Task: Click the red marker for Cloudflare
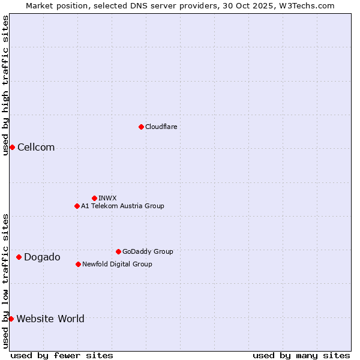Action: tap(141, 127)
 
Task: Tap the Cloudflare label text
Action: tap(161, 127)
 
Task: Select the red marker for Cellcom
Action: tap(12, 148)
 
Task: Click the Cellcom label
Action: tap(36, 148)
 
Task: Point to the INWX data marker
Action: tap(94, 198)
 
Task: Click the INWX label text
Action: tap(107, 198)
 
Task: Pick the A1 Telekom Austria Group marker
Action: tap(77, 206)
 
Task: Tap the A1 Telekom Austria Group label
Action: tap(122, 206)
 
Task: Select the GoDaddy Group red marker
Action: tap(118, 251)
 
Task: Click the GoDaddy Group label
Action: tap(148, 251)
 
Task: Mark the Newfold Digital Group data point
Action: tap(78, 264)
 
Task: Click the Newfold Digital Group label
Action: tap(117, 264)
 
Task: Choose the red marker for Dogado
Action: tap(19, 257)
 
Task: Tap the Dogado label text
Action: tap(42, 257)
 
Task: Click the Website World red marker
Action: tap(11, 319)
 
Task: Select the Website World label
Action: tap(50, 319)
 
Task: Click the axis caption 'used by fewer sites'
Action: tap(62, 355)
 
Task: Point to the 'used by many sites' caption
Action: tap(301, 355)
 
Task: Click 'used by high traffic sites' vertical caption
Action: tap(5, 85)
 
